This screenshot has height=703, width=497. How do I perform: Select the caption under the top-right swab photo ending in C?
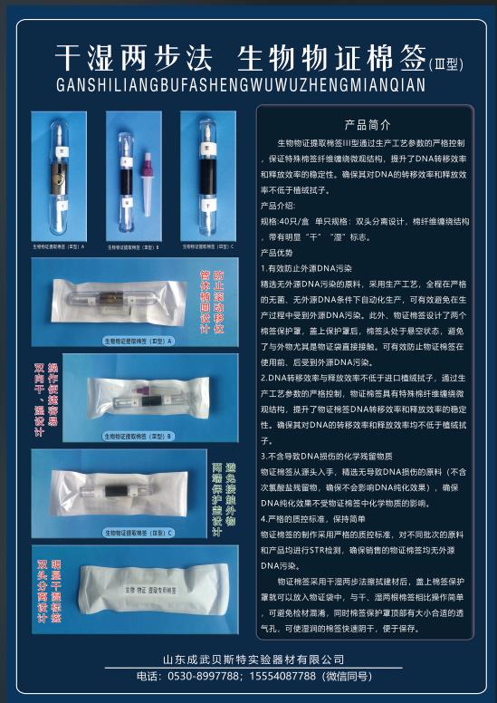[206, 246]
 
